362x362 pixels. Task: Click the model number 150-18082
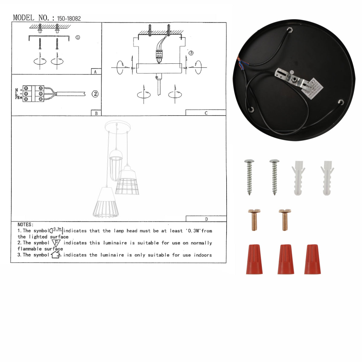(x=69, y=18)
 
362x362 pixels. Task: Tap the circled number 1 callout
(x=78, y=37)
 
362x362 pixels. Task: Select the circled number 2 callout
(x=95, y=94)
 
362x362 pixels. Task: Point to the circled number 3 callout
(x=191, y=53)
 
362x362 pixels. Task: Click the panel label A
(x=96, y=72)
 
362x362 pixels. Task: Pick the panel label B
(x=96, y=113)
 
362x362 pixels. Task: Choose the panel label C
(x=206, y=113)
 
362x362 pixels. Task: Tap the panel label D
(x=206, y=219)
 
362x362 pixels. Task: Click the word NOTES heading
(x=25, y=224)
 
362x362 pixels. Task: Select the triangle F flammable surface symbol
(x=56, y=243)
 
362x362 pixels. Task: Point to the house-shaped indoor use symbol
(x=56, y=255)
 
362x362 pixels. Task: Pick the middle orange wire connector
(x=286, y=259)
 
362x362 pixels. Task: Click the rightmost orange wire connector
(x=313, y=259)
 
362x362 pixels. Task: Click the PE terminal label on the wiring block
(x=18, y=98)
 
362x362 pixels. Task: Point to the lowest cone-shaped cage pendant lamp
(x=106, y=202)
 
